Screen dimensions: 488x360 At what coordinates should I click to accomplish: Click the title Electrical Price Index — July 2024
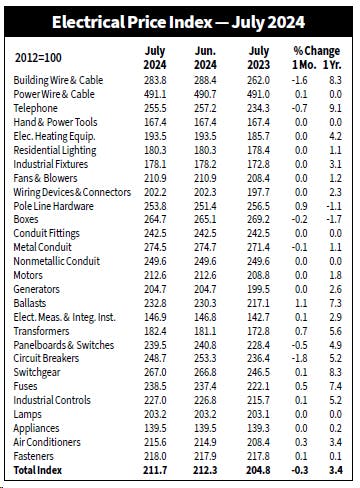pos(180,21)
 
